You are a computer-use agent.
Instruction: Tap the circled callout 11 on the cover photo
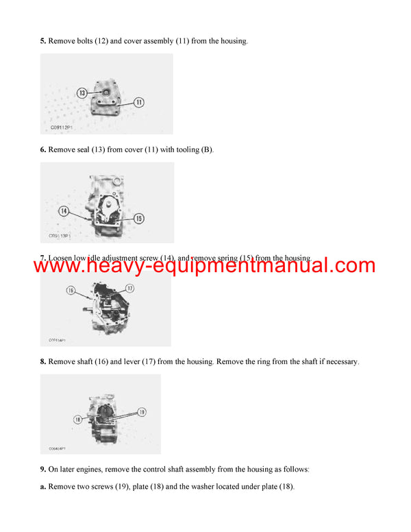[x=138, y=102]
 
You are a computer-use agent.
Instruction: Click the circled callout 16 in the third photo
[x=70, y=291]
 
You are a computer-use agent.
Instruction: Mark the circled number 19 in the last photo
[x=142, y=411]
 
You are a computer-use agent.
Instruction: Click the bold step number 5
[x=43, y=41]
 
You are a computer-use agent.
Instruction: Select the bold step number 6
[x=43, y=149]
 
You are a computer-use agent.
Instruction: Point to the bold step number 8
[x=43, y=361]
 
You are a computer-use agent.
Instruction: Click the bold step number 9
[x=43, y=470]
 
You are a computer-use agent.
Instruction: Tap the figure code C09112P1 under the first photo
[x=62, y=128]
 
